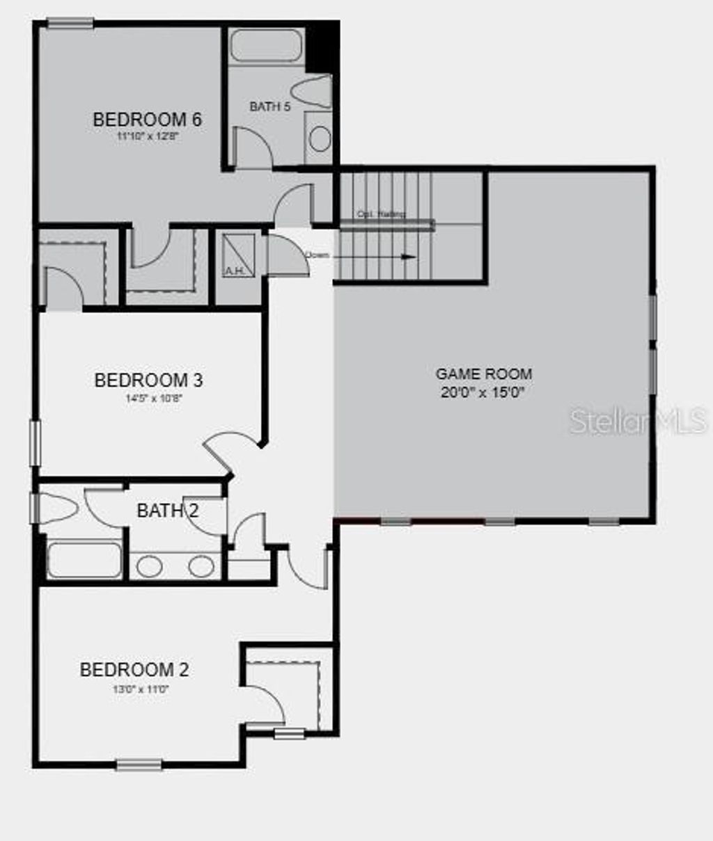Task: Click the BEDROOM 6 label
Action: (147, 120)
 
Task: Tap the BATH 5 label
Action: (269, 106)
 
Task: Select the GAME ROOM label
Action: (483, 374)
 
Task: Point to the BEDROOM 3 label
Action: (148, 381)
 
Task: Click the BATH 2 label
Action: (167, 511)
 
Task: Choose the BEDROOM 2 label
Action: (134, 670)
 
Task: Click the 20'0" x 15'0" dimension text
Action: (482, 392)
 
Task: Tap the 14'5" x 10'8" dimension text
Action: (148, 399)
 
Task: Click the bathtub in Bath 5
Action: (266, 46)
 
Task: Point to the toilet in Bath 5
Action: (313, 91)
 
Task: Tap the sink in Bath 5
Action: (320, 138)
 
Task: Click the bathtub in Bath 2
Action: (84, 560)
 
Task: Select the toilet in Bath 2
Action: (58, 508)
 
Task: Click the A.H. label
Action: (233, 271)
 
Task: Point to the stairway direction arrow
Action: (376, 257)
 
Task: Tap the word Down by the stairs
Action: (317, 255)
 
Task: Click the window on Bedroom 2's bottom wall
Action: (139, 764)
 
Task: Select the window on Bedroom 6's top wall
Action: (70, 23)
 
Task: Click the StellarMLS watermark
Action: (638, 421)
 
